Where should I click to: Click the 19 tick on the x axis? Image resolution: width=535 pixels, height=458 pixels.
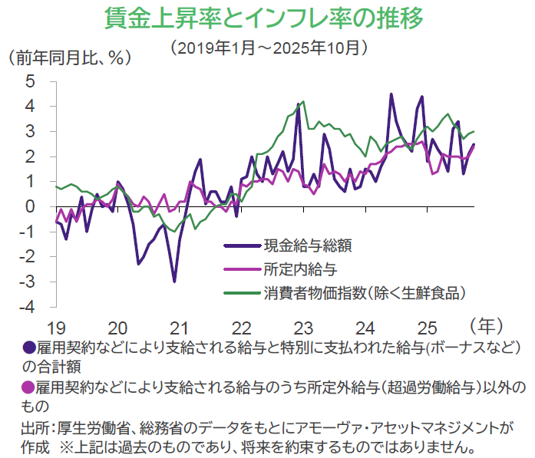[x=55, y=325]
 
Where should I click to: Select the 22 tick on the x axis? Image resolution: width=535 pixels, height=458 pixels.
[x=241, y=325]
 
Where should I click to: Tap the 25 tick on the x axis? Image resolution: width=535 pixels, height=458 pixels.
[x=427, y=325]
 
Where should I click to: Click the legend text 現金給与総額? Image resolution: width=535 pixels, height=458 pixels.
[x=307, y=246]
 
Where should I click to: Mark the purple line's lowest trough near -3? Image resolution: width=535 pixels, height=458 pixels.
[x=174, y=282]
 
